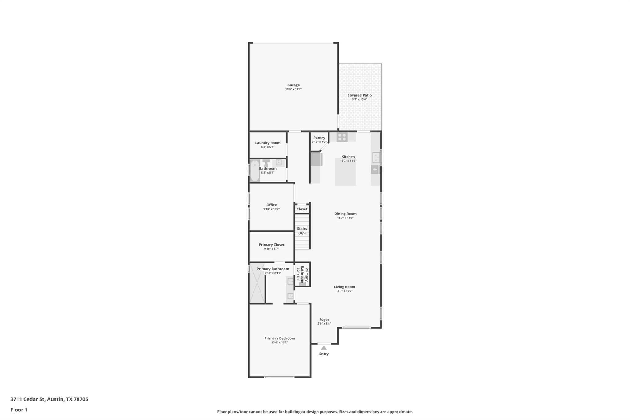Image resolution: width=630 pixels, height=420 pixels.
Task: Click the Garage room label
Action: tap(293, 85)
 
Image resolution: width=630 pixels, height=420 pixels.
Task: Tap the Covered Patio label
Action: tap(359, 95)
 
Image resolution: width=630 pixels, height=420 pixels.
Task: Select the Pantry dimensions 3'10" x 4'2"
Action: tap(319, 142)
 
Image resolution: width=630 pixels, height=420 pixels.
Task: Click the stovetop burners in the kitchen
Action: tap(342, 137)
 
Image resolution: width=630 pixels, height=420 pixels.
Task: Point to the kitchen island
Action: tap(345, 174)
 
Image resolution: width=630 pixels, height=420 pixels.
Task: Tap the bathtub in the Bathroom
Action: tap(255, 171)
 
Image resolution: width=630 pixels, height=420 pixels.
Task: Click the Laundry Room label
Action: tap(267, 143)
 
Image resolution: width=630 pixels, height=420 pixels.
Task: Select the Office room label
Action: tap(271, 205)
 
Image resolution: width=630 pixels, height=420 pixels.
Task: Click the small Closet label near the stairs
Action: tap(302, 209)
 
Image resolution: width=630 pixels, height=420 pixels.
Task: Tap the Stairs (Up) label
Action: tap(302, 231)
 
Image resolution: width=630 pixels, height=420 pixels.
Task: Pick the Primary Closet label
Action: tap(271, 245)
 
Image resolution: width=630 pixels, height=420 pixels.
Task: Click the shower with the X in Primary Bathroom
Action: tap(257, 283)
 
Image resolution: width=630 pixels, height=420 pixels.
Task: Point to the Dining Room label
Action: tap(345, 214)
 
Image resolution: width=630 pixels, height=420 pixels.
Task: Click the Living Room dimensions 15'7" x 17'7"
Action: tap(344, 291)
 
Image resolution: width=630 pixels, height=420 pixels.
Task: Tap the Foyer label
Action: tap(324, 320)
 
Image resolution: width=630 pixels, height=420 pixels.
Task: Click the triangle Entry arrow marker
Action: tap(324, 348)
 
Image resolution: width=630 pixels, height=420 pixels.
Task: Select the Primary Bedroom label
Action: tap(279, 338)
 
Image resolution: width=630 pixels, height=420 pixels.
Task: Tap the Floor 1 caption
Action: tap(19, 410)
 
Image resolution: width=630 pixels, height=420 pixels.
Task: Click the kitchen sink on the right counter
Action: tap(376, 158)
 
